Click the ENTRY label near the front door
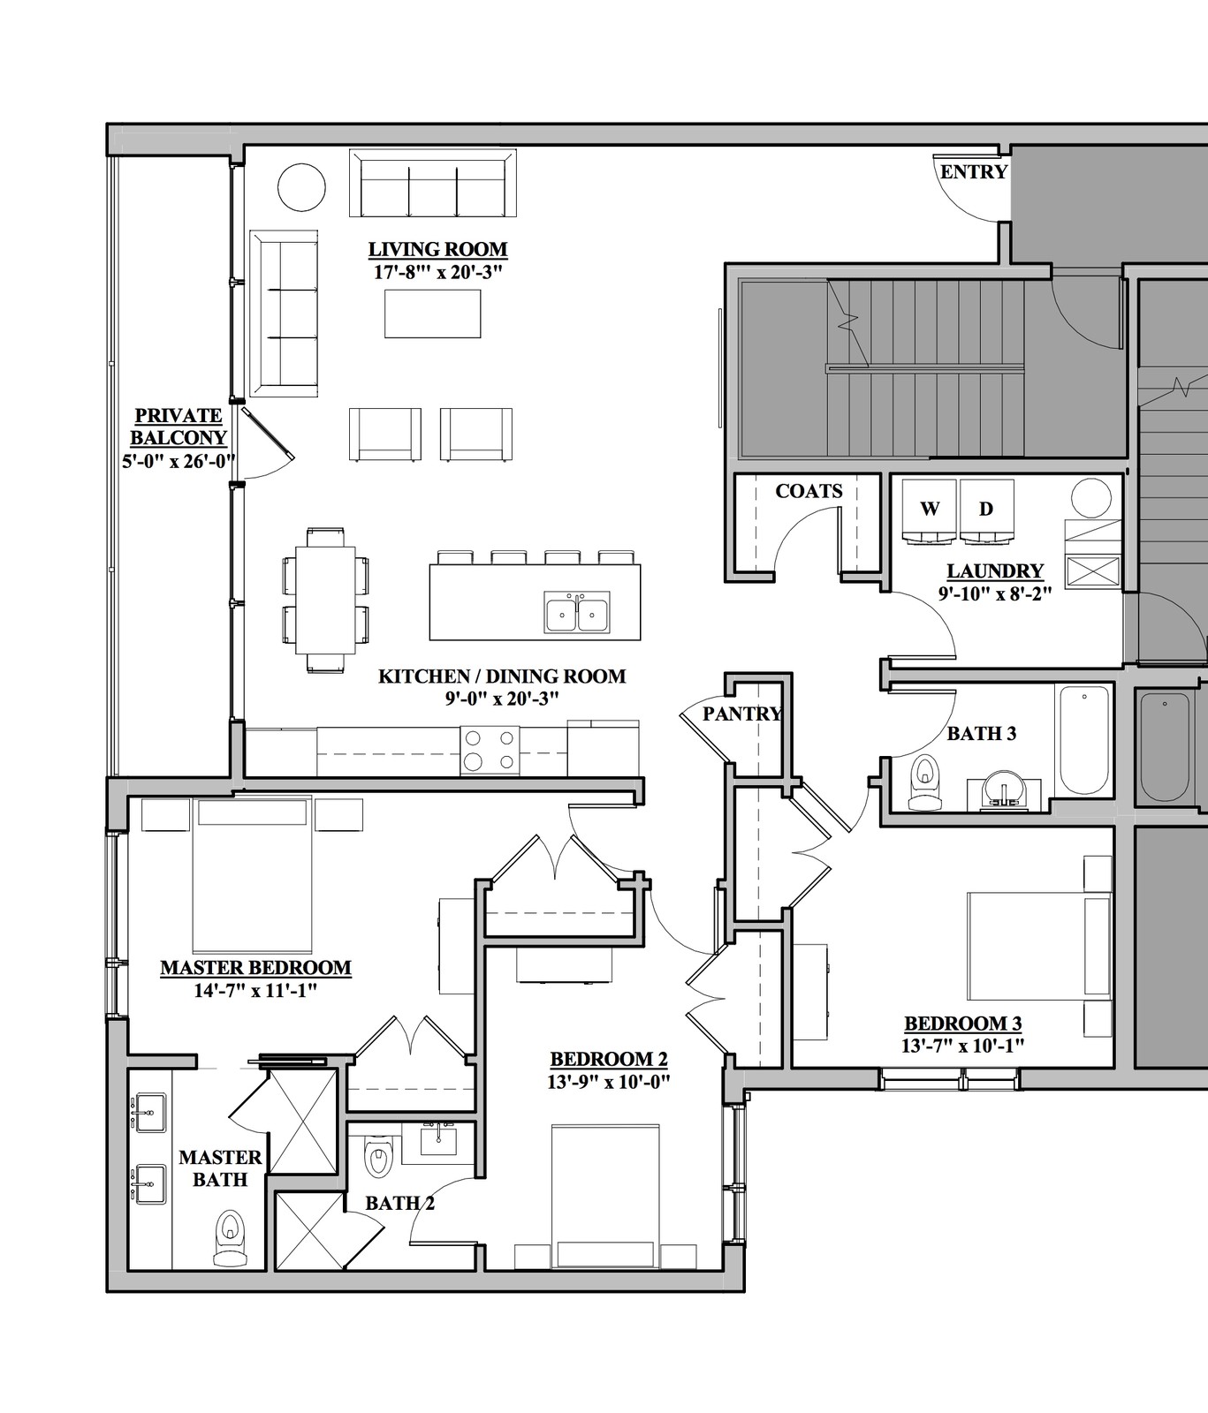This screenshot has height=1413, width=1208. coord(974,171)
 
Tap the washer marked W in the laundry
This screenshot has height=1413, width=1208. coord(930,510)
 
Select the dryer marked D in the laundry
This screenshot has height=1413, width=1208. coord(986,510)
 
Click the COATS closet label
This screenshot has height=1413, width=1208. coord(809,491)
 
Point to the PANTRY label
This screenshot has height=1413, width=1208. coord(742,714)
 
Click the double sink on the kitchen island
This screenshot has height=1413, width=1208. coord(576,614)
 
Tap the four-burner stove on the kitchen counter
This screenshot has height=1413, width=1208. coord(490,751)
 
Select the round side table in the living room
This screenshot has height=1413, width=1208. coord(301,186)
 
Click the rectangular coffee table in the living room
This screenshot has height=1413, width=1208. coord(433,314)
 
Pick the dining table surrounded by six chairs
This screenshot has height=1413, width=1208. coord(325,601)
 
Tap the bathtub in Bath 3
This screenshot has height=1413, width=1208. coord(1083,740)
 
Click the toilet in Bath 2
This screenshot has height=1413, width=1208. coord(378,1156)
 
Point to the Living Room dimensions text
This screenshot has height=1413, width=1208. coord(437,272)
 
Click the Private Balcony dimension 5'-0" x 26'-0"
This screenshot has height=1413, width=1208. coord(179,460)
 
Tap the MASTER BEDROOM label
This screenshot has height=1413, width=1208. coord(255,968)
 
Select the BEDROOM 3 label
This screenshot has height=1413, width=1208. coord(963,1024)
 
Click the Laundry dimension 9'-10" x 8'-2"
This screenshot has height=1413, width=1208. coord(995,593)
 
